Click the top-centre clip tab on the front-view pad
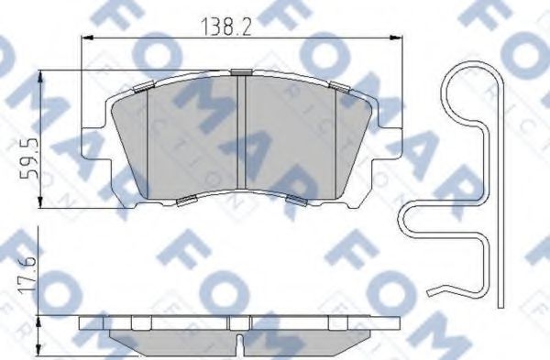241,71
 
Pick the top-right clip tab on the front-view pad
340,87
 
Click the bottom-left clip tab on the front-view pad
186,200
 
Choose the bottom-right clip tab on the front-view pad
295,200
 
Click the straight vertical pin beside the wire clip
500,202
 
